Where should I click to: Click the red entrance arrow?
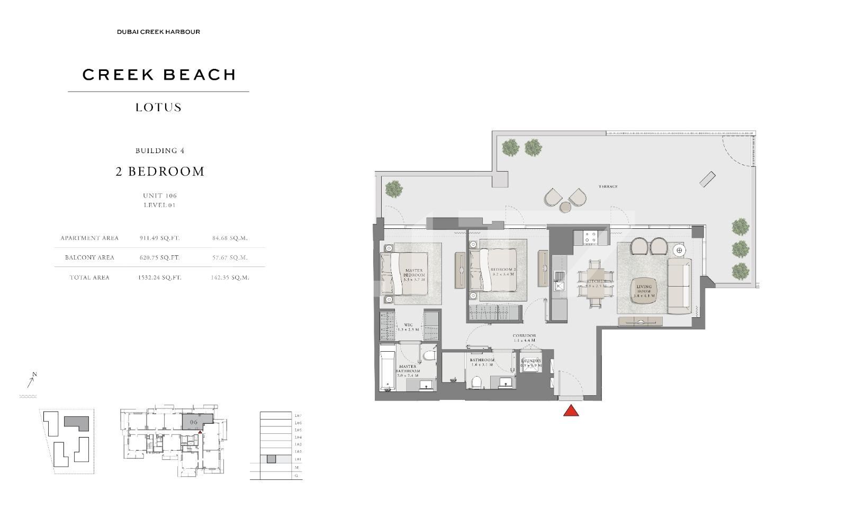571,411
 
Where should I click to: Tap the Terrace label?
608,186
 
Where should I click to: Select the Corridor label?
524,338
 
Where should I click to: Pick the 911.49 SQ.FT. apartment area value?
159,238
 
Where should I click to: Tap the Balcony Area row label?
89,257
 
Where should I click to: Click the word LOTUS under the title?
158,108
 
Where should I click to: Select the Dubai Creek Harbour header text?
158,32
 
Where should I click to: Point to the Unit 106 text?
160,195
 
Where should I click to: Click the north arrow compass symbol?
31,380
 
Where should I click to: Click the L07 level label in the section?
298,416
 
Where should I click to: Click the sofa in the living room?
679,286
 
